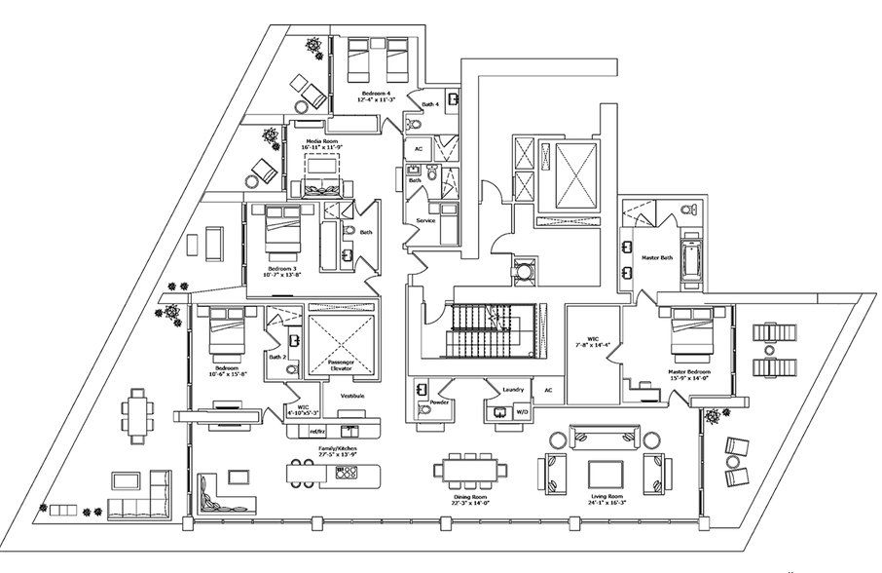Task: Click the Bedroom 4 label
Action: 375,94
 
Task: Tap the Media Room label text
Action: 320,143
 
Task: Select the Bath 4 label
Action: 428,103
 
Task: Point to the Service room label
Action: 425,220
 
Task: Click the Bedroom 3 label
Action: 282,268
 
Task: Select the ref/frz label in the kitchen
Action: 316,430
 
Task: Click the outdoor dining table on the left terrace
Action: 139,415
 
